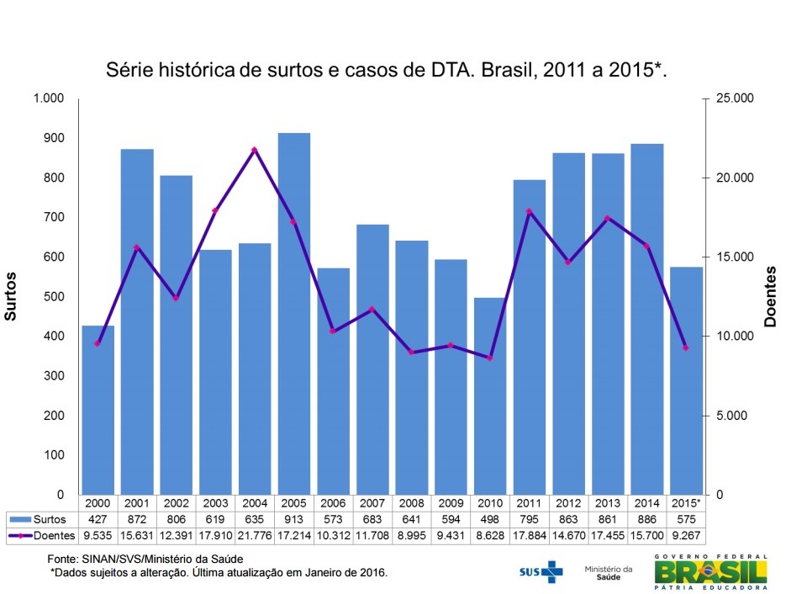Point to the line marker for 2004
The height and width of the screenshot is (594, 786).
point(255,150)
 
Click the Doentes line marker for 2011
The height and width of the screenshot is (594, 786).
point(530,211)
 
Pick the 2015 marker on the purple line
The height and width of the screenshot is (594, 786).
point(686,347)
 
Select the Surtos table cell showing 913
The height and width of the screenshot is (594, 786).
point(294,519)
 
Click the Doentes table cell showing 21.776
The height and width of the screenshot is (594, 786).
point(255,534)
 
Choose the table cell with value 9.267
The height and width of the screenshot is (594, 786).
point(686,534)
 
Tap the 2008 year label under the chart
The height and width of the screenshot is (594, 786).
point(412,503)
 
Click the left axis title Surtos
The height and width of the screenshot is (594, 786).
point(11,296)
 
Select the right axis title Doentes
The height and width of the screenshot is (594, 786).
point(770,296)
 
